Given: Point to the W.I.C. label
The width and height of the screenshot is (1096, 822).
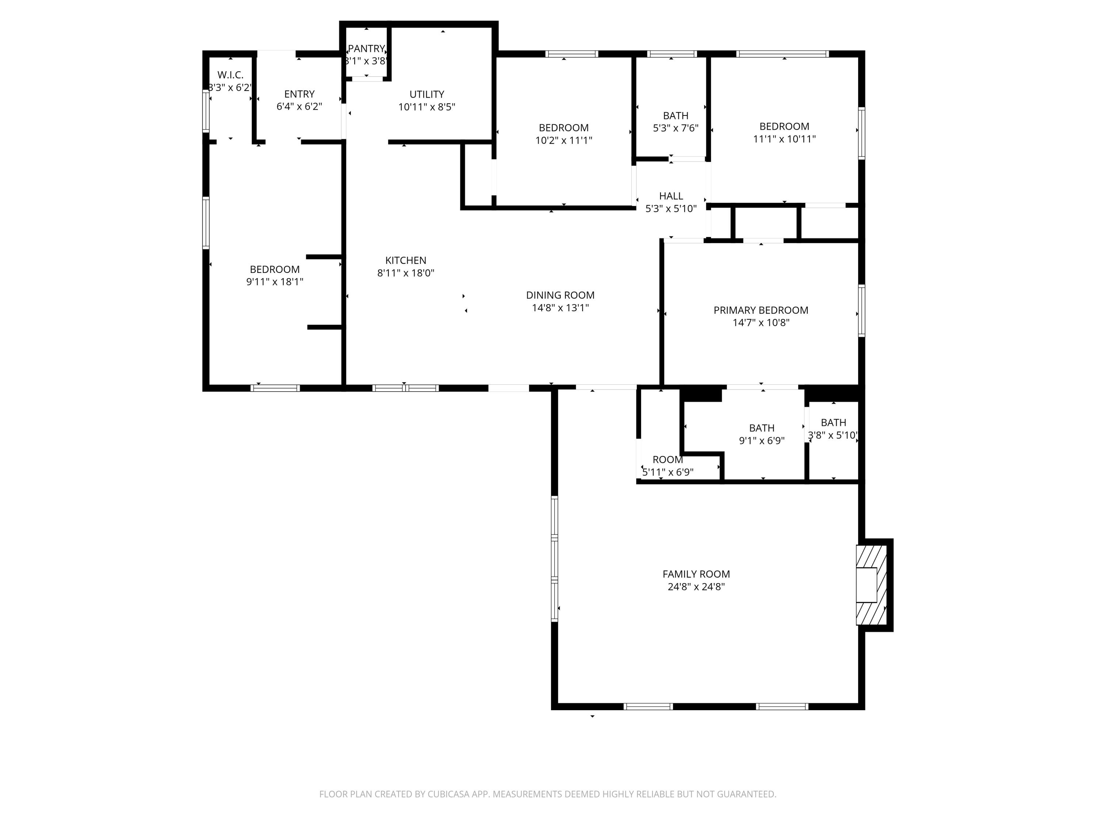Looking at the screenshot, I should pos(231,75).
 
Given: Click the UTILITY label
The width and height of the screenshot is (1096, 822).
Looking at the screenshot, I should pos(427,94).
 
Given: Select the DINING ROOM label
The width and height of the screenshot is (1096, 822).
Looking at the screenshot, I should pos(560,295).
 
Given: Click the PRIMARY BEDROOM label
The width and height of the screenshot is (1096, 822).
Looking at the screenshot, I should pos(761,310).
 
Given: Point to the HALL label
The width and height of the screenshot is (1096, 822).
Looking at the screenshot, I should pos(671,196).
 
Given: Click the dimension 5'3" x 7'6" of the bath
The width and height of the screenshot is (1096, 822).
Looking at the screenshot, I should pos(676,128).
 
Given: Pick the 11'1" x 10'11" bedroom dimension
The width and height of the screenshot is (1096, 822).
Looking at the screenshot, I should pos(784,139).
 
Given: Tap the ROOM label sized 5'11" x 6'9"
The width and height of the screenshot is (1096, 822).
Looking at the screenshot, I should pos(667,459).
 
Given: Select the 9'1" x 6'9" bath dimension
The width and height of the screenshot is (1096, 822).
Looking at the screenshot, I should pos(762,441).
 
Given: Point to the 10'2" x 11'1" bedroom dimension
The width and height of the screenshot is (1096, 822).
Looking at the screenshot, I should pos(563,140).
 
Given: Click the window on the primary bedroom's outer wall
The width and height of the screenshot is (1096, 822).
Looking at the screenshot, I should pos(861,311).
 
